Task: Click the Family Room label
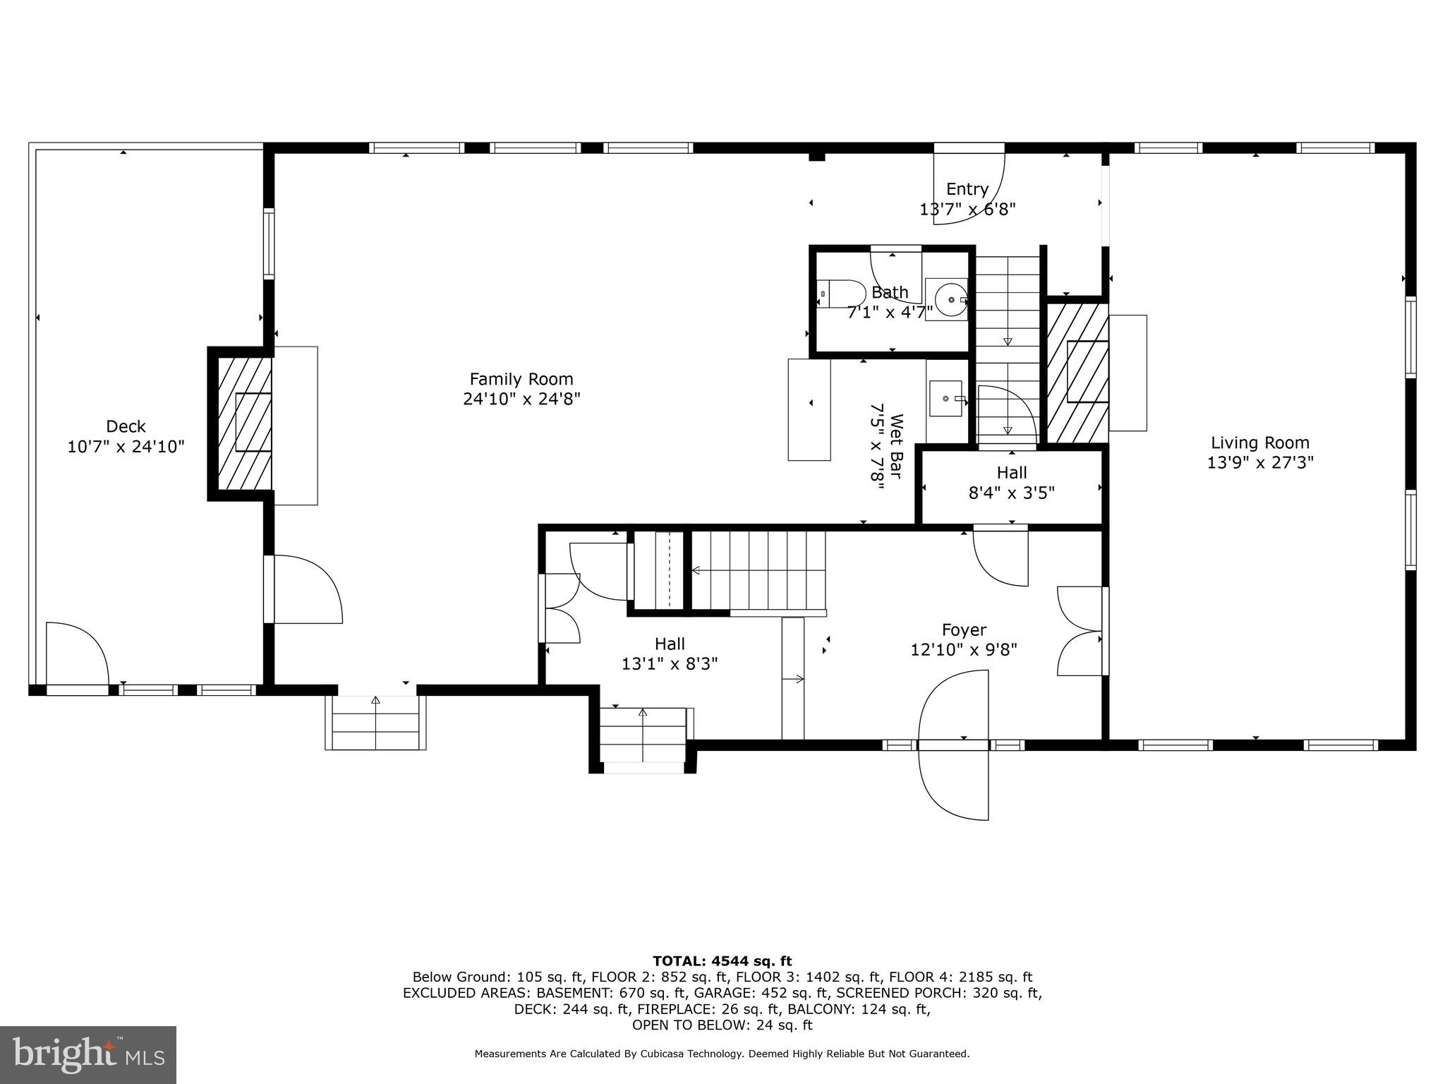(521, 379)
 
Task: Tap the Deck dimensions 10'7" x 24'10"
(126, 447)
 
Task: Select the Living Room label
(1259, 442)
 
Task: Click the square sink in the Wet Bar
(945, 399)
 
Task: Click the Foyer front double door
(954, 745)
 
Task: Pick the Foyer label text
(964, 630)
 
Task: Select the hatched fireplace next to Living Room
(1077, 372)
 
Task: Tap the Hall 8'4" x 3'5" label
(1011, 483)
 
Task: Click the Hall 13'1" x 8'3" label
(669, 654)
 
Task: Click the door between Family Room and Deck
(303, 589)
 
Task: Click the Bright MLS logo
(88, 1054)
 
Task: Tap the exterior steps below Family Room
(375, 723)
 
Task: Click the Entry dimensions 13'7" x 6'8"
(967, 210)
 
